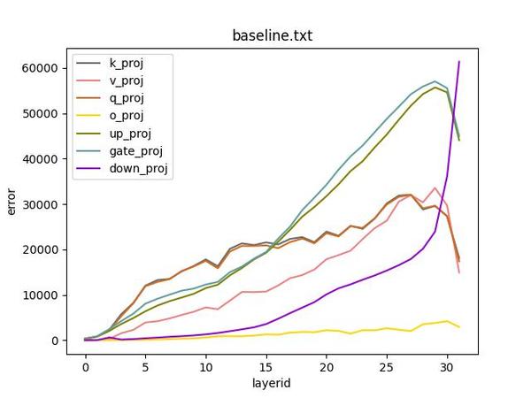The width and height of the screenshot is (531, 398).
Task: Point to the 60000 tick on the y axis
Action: pos(43,68)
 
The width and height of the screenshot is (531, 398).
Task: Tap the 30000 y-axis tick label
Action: pos(43,204)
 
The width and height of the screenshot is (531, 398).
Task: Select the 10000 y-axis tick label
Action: pos(43,295)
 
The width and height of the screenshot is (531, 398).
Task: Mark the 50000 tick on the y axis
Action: pos(43,113)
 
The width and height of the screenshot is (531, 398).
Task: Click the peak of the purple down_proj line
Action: pos(458,61)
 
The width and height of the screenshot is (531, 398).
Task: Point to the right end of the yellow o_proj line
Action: pos(458,327)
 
